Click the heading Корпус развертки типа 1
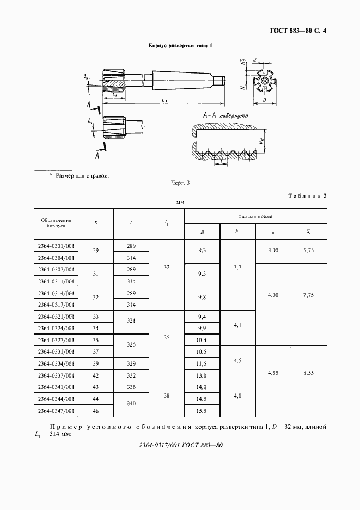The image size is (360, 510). point(180,46)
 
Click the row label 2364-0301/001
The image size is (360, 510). point(56,246)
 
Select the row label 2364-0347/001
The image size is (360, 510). point(56,411)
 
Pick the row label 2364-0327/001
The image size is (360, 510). point(56,339)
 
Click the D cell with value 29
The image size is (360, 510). point(96,251)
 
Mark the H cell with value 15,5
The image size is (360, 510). point(202,411)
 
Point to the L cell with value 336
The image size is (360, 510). point(131,387)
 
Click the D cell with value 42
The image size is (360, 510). point(96,375)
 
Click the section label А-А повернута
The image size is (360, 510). point(225,117)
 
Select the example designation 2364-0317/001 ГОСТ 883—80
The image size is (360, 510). point(180,445)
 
